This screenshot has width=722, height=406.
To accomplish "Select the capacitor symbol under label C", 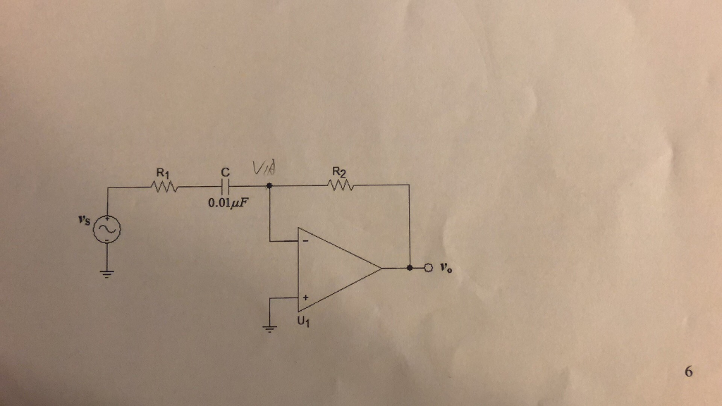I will coord(225,187).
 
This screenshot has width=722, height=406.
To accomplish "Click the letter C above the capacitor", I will coord(225,172).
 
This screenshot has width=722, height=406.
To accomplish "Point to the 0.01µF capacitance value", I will coord(229,204).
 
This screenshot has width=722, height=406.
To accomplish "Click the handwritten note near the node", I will coord(261,170).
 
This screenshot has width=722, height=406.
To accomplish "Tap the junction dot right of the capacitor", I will coord(269,187).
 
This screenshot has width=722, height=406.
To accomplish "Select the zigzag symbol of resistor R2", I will coord(340,187).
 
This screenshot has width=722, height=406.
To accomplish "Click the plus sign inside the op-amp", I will coord(305,298).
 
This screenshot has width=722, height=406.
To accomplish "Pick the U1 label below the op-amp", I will coord(304,322).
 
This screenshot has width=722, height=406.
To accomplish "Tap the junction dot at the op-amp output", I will coord(410,269).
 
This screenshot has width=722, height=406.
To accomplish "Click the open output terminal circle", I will coord(427,269).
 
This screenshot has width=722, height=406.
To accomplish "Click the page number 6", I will coord(688,371).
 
